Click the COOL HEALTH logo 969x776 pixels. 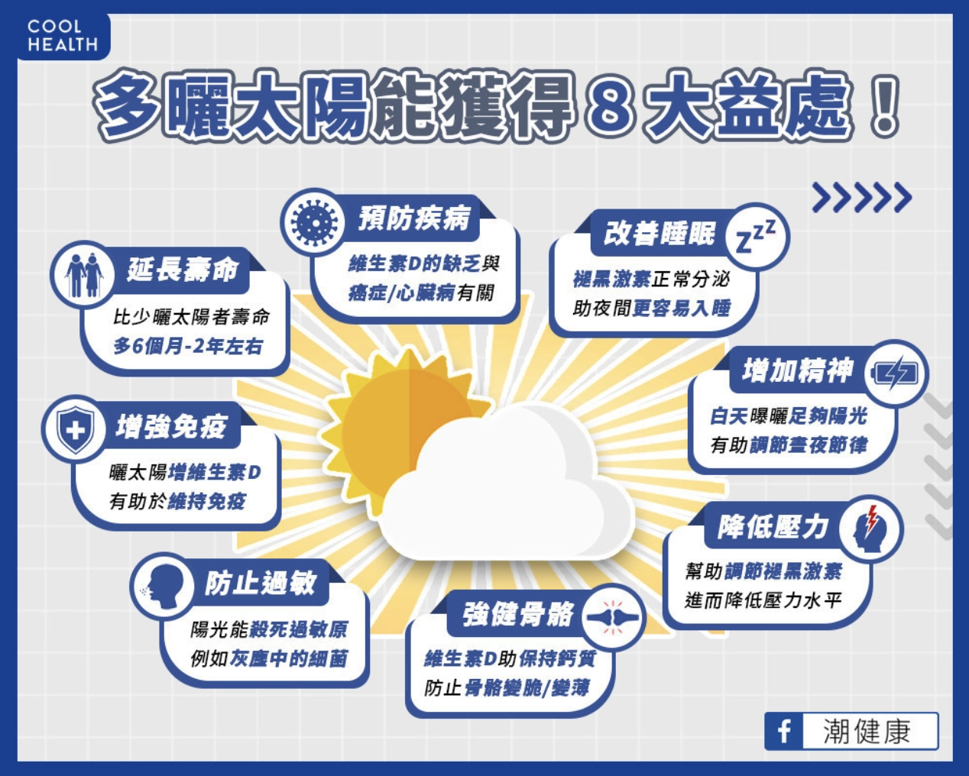tap(63, 35)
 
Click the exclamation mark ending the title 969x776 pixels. tap(885, 106)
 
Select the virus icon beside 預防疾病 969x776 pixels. tap(314, 222)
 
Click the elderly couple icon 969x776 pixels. tap(84, 275)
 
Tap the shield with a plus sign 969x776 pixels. tap(75, 429)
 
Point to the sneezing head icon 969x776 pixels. tap(162, 586)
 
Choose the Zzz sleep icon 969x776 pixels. tap(756, 236)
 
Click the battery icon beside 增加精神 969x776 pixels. tap(895, 373)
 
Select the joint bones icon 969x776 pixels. tap(613, 617)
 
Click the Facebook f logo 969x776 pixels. tap(783, 732)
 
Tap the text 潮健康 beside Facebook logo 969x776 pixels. tap(867, 732)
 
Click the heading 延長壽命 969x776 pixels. tap(183, 270)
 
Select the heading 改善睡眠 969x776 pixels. tap(659, 233)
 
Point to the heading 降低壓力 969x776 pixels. tap(773, 527)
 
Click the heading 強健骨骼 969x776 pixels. tap(518, 614)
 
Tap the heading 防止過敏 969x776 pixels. tap(261, 583)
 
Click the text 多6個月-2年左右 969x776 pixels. tap(188, 346)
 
